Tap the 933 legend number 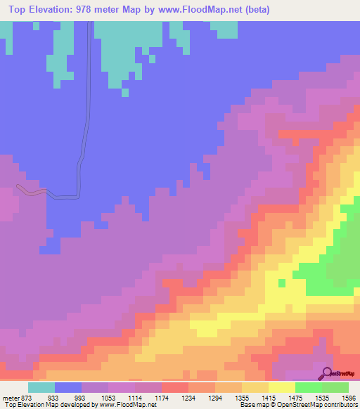click(x=53, y=398)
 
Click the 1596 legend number click(x=349, y=398)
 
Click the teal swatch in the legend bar click(x=41, y=387)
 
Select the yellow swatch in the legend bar click(x=282, y=387)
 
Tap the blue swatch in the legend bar click(x=68, y=387)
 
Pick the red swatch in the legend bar click(x=175, y=387)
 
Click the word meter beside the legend click(x=12, y=398)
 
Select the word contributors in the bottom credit click(x=340, y=405)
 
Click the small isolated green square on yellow click(x=281, y=283)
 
